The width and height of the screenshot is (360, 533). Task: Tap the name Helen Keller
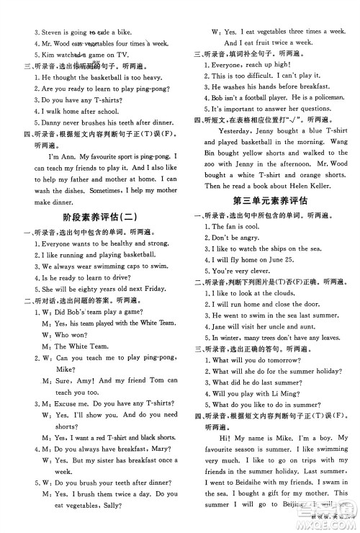coord(290,184)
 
